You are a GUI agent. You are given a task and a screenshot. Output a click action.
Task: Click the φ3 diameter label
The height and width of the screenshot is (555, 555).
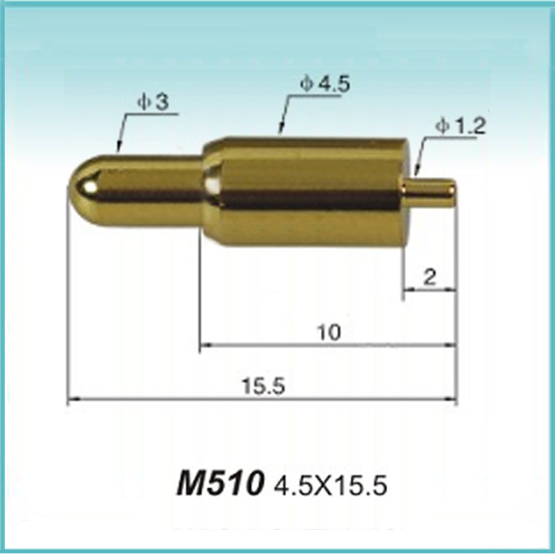click(x=153, y=102)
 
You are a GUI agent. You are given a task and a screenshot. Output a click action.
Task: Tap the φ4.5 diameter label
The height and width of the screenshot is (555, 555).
click(x=325, y=85)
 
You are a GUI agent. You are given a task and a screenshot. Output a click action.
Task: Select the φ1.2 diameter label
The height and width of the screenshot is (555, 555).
click(x=461, y=126)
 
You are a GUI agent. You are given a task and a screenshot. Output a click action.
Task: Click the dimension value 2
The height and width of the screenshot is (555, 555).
click(x=430, y=277)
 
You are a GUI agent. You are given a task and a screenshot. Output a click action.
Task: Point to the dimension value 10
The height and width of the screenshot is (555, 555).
click(x=329, y=332)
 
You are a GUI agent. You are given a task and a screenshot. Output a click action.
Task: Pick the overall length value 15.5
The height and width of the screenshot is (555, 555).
click(x=263, y=385)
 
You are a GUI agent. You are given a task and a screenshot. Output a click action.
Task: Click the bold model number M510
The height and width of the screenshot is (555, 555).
click(x=220, y=483)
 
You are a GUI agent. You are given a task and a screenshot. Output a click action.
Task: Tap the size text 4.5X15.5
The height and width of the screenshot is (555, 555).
click(x=331, y=485)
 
